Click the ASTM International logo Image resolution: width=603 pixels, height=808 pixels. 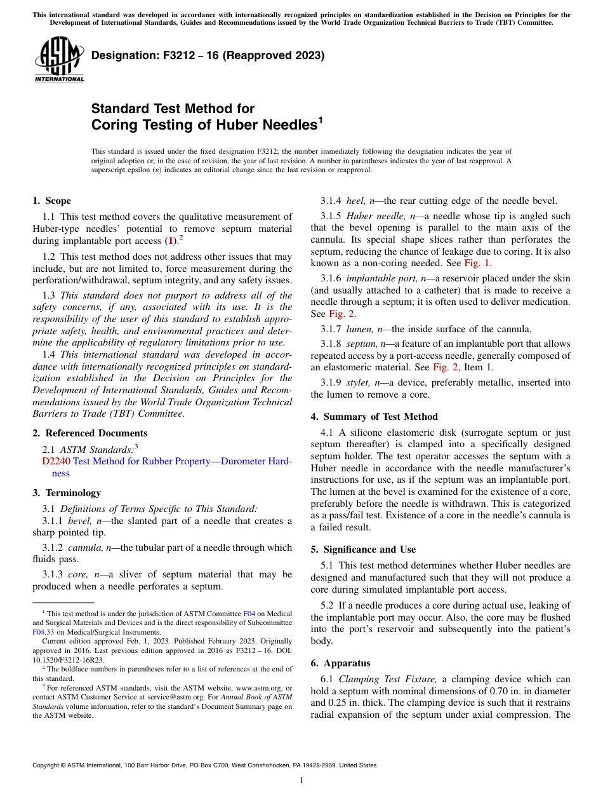tap(58, 60)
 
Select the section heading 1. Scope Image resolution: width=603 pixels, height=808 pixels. tap(51, 201)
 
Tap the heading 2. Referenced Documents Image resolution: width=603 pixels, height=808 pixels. tap(89, 433)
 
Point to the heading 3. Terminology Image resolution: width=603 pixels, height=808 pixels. tap(66, 493)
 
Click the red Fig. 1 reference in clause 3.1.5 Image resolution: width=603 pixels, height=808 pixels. tap(477, 263)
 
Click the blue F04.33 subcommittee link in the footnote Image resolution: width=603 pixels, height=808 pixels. tap(43, 632)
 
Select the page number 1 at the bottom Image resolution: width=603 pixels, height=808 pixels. tap(301, 781)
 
